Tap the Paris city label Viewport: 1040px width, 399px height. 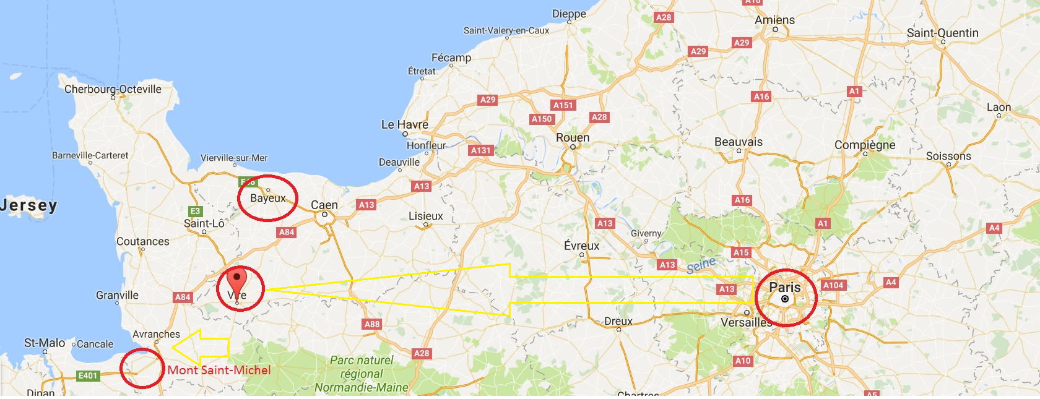tap(784, 287)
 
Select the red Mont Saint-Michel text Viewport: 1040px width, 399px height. tap(219, 370)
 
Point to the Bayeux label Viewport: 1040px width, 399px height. tap(268, 198)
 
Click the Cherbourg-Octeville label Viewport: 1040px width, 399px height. tap(113, 89)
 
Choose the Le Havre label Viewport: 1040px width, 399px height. tap(405, 124)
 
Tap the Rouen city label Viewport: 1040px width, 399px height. tap(573, 137)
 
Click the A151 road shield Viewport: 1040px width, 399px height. tap(563, 105)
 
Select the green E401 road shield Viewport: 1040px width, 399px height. tap(88, 375)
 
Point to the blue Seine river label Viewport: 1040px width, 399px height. tap(701, 265)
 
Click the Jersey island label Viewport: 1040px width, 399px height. tap(28, 205)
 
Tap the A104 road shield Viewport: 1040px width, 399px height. tap(833, 285)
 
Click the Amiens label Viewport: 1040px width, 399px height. tap(774, 20)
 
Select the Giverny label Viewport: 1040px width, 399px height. tap(646, 233)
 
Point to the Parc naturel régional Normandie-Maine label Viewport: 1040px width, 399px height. tap(362, 374)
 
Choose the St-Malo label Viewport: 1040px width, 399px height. tap(45, 343)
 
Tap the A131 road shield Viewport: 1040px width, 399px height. tap(480, 150)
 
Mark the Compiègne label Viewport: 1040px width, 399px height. tap(865, 145)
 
